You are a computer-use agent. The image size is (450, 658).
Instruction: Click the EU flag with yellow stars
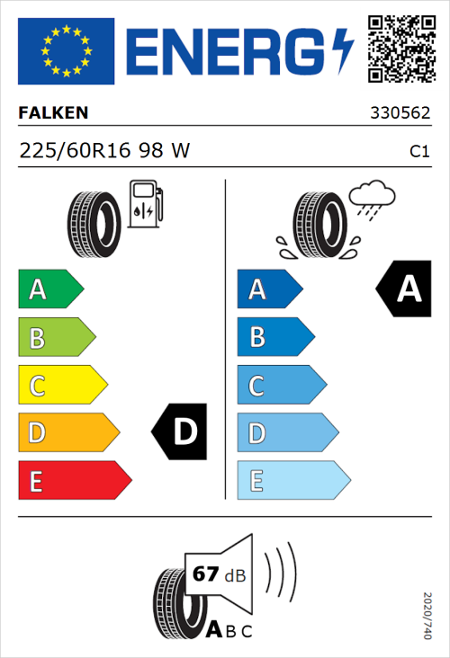[67, 51]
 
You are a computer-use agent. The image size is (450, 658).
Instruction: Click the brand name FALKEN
[54, 113]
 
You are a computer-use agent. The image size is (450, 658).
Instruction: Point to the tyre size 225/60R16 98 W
[104, 151]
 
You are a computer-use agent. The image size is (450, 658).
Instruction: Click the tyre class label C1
[418, 152]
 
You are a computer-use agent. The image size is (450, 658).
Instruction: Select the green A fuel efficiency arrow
[49, 289]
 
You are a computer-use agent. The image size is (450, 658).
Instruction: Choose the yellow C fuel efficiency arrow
[61, 386]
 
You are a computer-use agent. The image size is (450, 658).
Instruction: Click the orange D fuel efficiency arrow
[67, 433]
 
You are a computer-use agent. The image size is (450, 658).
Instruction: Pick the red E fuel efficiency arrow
[74, 481]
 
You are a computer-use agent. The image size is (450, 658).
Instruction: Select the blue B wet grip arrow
[274, 338]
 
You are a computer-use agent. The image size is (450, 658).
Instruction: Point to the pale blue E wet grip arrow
[292, 481]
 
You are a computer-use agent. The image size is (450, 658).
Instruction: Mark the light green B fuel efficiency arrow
[56, 338]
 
